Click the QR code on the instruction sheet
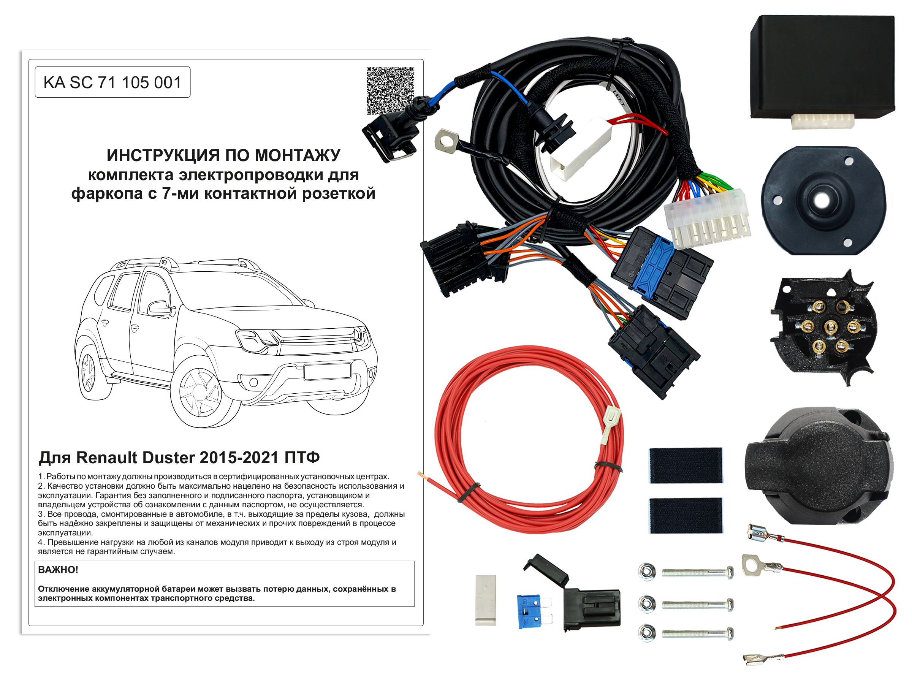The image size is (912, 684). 390,91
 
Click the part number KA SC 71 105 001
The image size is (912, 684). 112,82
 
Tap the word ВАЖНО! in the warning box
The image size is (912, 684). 58,570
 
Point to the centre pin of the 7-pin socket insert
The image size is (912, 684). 830,327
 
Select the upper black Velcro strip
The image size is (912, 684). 686,465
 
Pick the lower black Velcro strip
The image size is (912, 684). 686,515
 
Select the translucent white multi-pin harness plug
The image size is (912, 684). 707,218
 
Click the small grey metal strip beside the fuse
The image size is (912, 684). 485,600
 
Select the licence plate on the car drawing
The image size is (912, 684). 327,371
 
